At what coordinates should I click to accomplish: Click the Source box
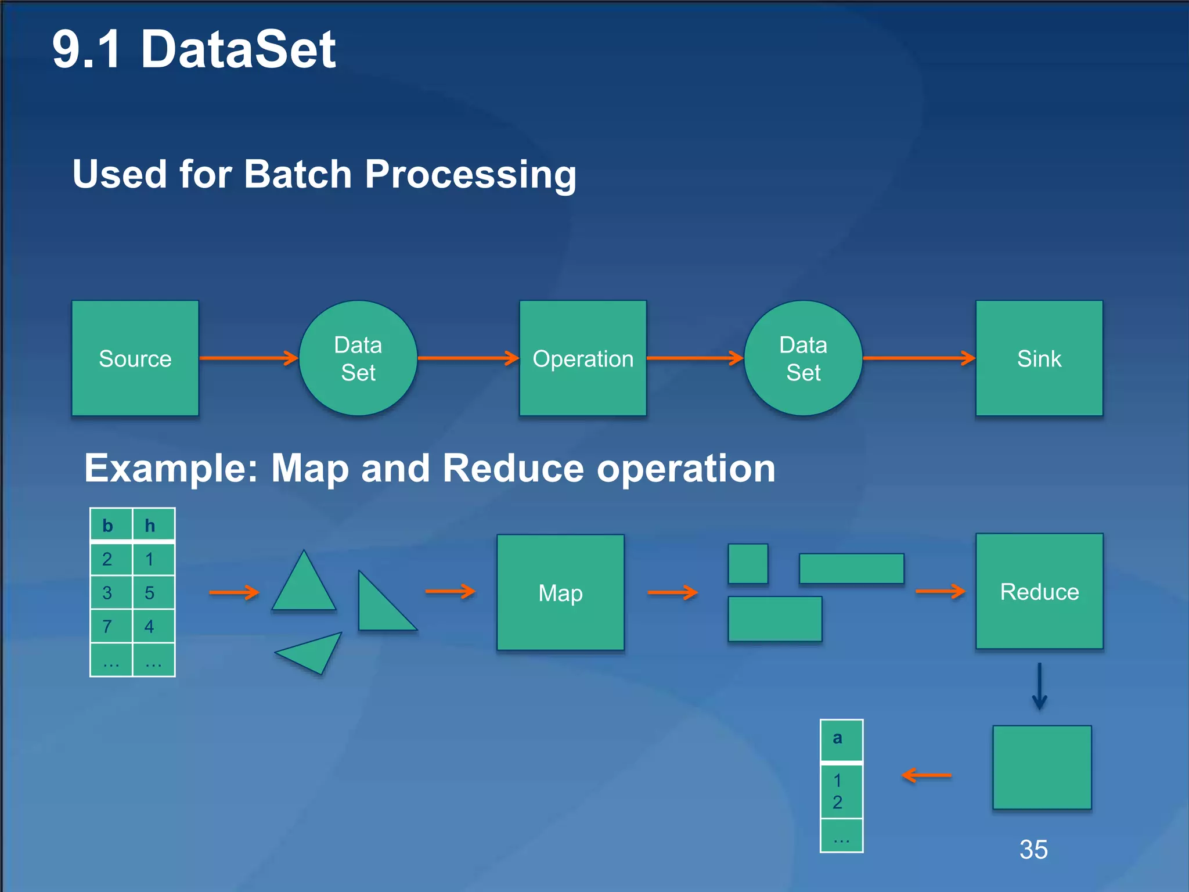click(x=135, y=358)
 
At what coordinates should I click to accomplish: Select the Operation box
click(x=583, y=358)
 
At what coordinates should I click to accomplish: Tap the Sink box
click(x=1039, y=358)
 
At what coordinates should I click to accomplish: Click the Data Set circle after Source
click(x=358, y=358)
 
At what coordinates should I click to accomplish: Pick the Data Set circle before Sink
click(x=803, y=358)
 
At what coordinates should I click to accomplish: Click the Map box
click(x=560, y=592)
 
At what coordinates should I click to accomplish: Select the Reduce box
click(x=1039, y=591)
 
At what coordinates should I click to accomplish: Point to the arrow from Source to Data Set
click(x=248, y=358)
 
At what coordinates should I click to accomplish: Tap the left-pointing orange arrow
click(x=927, y=775)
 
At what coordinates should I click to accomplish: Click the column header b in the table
click(x=108, y=525)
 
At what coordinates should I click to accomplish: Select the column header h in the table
click(x=150, y=525)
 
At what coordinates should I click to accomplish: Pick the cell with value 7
click(x=108, y=626)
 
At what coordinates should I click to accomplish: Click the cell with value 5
click(x=150, y=592)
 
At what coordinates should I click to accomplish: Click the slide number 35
click(x=1033, y=849)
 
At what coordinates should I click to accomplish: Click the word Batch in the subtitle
click(x=298, y=174)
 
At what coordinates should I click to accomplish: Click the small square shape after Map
click(x=748, y=563)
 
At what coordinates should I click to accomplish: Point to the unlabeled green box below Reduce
click(x=1042, y=767)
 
